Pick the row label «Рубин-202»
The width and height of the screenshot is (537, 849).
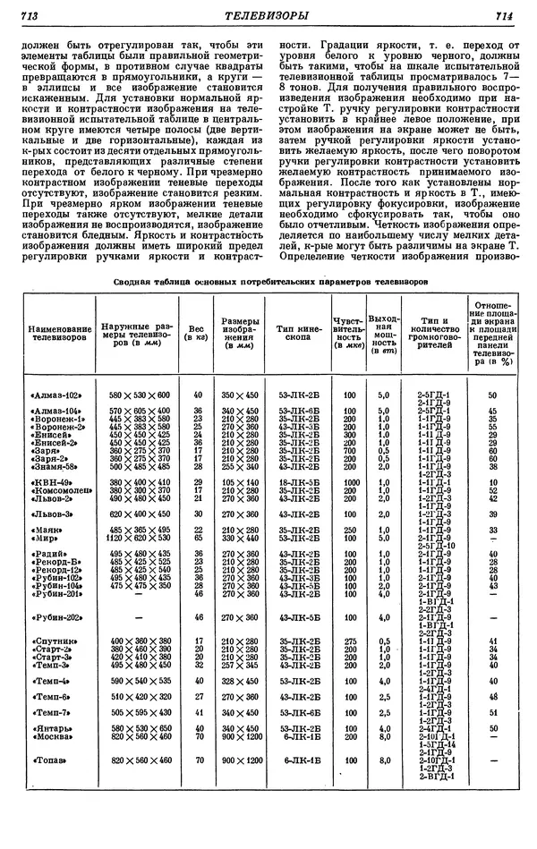[x=56, y=617]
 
